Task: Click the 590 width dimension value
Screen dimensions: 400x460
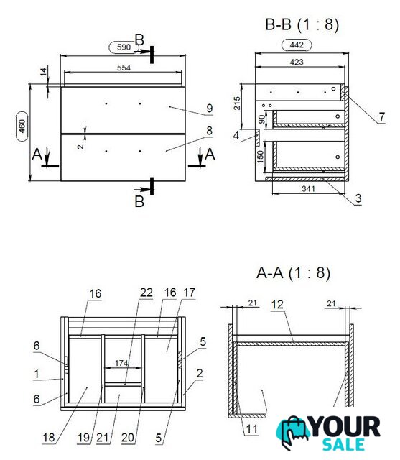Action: coord(124,47)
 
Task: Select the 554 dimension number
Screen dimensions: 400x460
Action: coord(124,68)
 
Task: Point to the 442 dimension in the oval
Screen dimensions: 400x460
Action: coord(297,45)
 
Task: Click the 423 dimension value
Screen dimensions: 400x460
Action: coord(297,63)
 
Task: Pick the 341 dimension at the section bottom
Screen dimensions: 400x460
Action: coord(308,188)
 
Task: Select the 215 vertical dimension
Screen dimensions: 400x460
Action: coord(237,103)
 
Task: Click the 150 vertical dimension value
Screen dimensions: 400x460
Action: coord(260,157)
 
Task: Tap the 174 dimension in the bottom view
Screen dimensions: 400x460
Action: coord(121,363)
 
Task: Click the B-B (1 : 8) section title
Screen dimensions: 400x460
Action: coord(302,24)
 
